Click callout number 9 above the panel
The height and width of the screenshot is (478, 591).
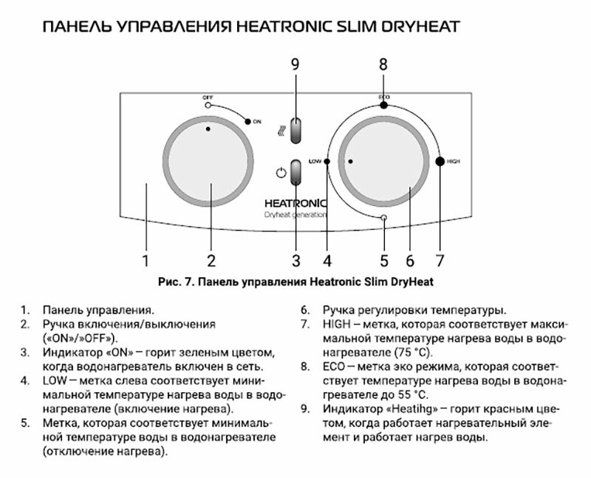tap(295, 64)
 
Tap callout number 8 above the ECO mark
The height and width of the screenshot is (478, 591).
tap(383, 64)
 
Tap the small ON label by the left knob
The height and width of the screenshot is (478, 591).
tap(256, 121)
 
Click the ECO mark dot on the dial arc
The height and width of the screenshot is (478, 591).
tap(383, 106)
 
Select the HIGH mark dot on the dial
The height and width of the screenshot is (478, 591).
tap(440, 161)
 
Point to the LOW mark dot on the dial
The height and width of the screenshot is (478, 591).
tap(327, 161)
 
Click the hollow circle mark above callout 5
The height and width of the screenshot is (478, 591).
tap(383, 217)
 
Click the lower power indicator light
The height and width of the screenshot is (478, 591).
tap(296, 174)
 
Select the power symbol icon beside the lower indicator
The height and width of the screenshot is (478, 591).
tap(279, 174)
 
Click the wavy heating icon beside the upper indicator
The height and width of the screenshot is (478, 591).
tap(279, 130)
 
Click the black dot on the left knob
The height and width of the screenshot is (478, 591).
tap(208, 129)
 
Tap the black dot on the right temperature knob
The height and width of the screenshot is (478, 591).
tap(349, 160)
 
